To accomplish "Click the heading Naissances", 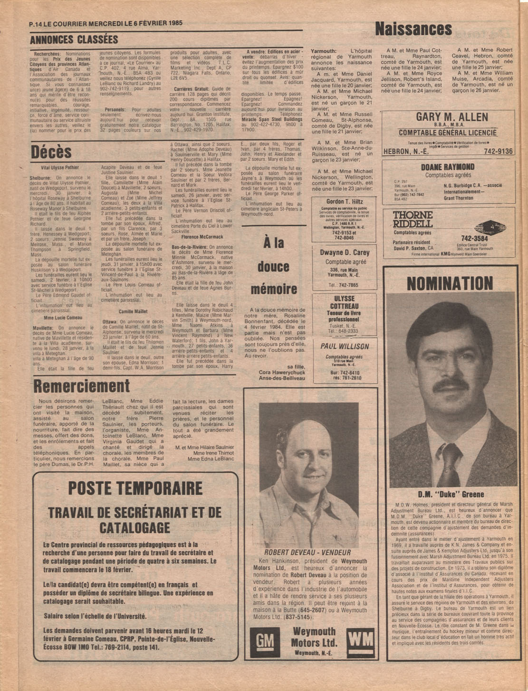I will pyautogui.click(x=413, y=29).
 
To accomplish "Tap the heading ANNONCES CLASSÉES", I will pyautogui.click(x=74, y=39).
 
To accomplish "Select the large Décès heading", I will pyautogui.click(x=51, y=152).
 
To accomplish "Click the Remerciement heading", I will pyautogui.click(x=81, y=385).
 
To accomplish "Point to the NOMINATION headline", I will pyautogui.click(x=450, y=283).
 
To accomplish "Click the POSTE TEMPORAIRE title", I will pyautogui.click(x=135, y=488).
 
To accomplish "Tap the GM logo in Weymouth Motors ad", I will pyautogui.click(x=265, y=642).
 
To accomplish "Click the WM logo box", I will pyautogui.click(x=360, y=640).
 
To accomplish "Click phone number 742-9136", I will pyautogui.click(x=498, y=151).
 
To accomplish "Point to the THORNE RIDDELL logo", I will pyautogui.click(x=413, y=220).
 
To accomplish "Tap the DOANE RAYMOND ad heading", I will pyautogui.click(x=447, y=167).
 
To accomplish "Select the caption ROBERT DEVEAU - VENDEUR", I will pyautogui.click(x=307, y=552).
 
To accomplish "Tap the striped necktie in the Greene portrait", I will pyautogui.click(x=449, y=463).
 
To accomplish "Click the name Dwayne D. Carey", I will pyautogui.click(x=345, y=252).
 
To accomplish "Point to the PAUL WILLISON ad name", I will pyautogui.click(x=345, y=346).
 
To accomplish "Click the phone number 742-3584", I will pyautogui.click(x=474, y=238).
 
